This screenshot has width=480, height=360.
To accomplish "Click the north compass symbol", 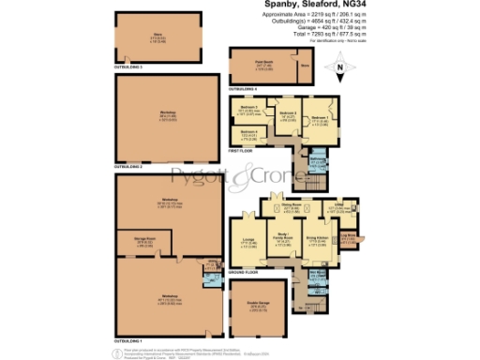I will (340, 66).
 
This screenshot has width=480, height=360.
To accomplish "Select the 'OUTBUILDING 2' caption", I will (128, 166).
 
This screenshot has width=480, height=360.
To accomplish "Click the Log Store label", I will (348, 237).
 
